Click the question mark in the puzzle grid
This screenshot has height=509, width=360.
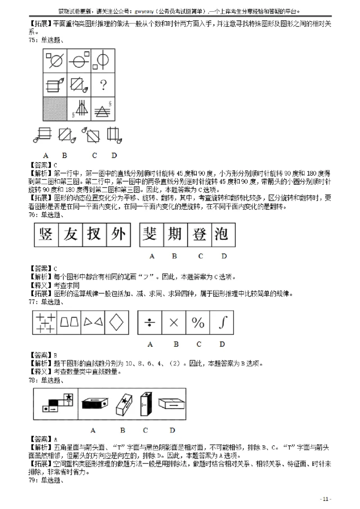pyautogui.click(x=103, y=84)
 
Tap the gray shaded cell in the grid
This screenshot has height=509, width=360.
pyautogui.click(x=54, y=109)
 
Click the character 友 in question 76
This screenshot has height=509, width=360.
pyautogui.click(x=71, y=235)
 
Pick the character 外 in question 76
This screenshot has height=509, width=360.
pyautogui.click(x=118, y=235)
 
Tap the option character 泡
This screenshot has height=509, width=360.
pyautogui.click(x=222, y=235)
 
